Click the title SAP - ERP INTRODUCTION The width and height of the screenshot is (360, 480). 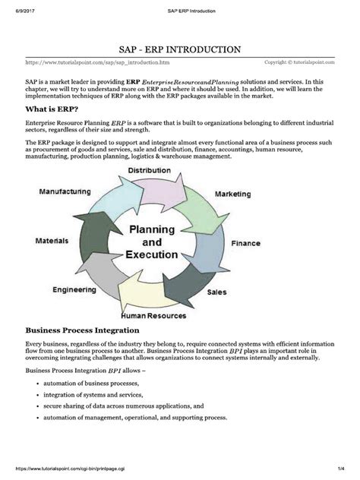[x=179, y=49]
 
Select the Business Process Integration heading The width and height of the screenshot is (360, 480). [x=82, y=330]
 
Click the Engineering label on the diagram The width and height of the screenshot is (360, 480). [x=74, y=290]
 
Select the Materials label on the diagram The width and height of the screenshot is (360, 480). [x=52, y=241]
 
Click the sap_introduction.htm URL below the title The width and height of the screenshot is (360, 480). [x=98, y=62]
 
